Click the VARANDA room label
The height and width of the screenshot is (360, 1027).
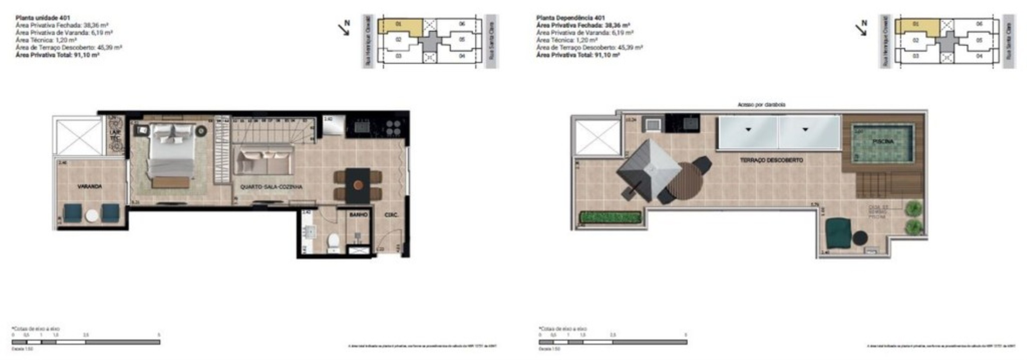(x=89, y=186)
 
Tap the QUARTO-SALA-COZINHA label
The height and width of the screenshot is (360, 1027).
(x=271, y=187)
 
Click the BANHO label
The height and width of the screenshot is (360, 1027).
(x=358, y=214)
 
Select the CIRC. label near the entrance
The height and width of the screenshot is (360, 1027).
(x=391, y=215)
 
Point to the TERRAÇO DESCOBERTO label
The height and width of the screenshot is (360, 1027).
(x=771, y=160)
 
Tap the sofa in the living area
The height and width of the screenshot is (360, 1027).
(x=263, y=161)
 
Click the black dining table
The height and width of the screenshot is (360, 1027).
(x=358, y=185)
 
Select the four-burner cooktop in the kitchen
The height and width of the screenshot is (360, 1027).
(x=393, y=127)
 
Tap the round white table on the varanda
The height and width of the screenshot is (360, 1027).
(x=92, y=216)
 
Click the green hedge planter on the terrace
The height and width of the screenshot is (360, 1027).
(x=610, y=217)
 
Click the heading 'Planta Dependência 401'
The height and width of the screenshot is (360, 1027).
(x=570, y=18)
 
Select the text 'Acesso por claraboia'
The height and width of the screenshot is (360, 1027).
(x=761, y=104)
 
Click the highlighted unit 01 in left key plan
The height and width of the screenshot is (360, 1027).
(x=400, y=26)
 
